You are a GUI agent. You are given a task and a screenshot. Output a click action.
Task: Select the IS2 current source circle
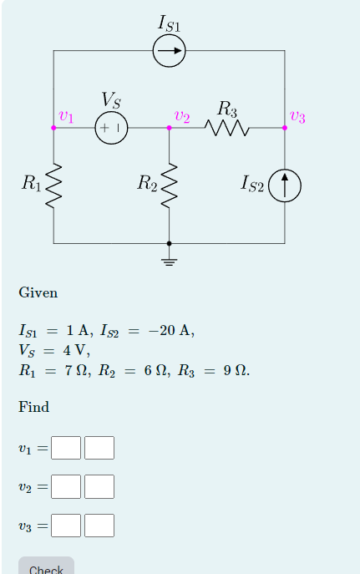(x=285, y=185)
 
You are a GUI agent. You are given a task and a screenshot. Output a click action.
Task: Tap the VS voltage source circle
(x=111, y=128)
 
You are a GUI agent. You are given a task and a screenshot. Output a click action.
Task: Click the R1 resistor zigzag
(x=54, y=185)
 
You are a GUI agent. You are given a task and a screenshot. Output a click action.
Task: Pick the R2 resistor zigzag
(x=170, y=185)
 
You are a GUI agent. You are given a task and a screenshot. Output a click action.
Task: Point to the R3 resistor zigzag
(x=227, y=128)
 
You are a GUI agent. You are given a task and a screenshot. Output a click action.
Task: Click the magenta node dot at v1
(x=54, y=128)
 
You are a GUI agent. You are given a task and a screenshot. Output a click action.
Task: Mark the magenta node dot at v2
(x=170, y=128)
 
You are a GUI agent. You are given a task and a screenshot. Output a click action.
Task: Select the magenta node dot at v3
(x=285, y=128)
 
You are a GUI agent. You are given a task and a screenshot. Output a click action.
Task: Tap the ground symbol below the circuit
(x=170, y=262)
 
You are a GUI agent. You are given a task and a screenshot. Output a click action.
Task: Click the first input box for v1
(x=66, y=449)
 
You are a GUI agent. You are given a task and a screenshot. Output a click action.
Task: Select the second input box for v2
(x=99, y=486)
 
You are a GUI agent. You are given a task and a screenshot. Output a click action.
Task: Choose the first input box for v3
(x=66, y=526)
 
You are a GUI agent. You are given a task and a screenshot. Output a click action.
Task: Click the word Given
(x=38, y=293)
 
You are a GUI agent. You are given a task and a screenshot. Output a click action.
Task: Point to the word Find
(x=34, y=408)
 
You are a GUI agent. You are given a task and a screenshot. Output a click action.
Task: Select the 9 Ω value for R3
(x=234, y=369)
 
